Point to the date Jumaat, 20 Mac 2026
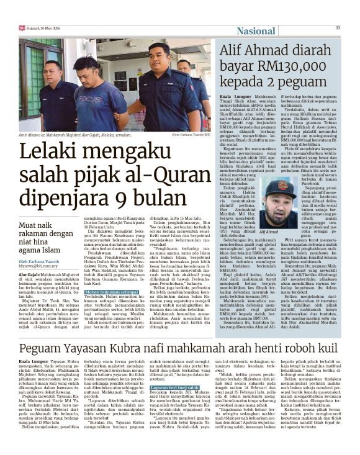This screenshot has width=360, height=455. (x=45, y=27)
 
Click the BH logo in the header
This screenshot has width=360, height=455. (x=22, y=27)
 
